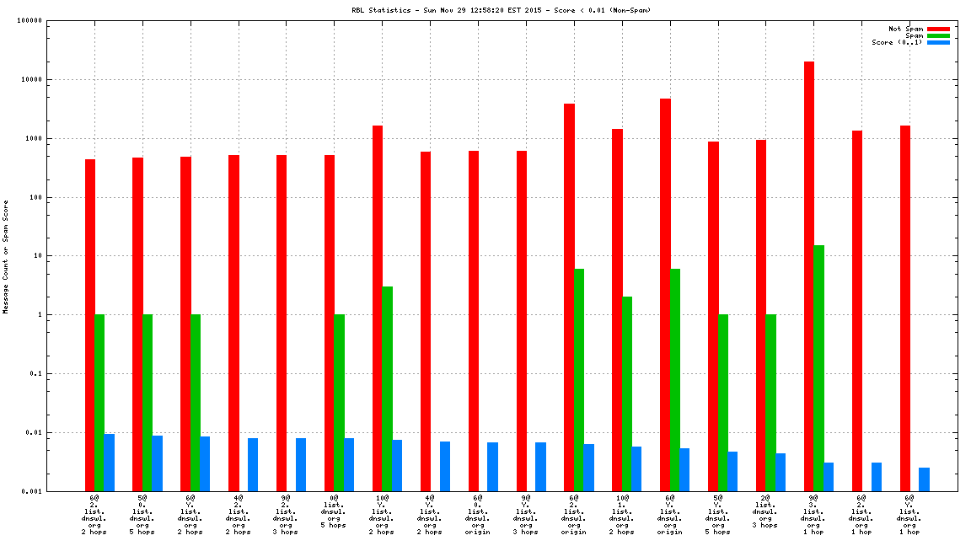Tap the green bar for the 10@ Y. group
[x=387, y=388]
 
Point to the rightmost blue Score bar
[x=925, y=479]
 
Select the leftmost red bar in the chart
[x=89, y=324]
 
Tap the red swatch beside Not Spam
[x=938, y=29]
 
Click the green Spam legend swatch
[x=938, y=35]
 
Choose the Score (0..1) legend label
[x=897, y=42]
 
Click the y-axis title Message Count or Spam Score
[x=6, y=256]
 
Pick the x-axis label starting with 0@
[x=334, y=511]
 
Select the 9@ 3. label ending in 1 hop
[x=813, y=514]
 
